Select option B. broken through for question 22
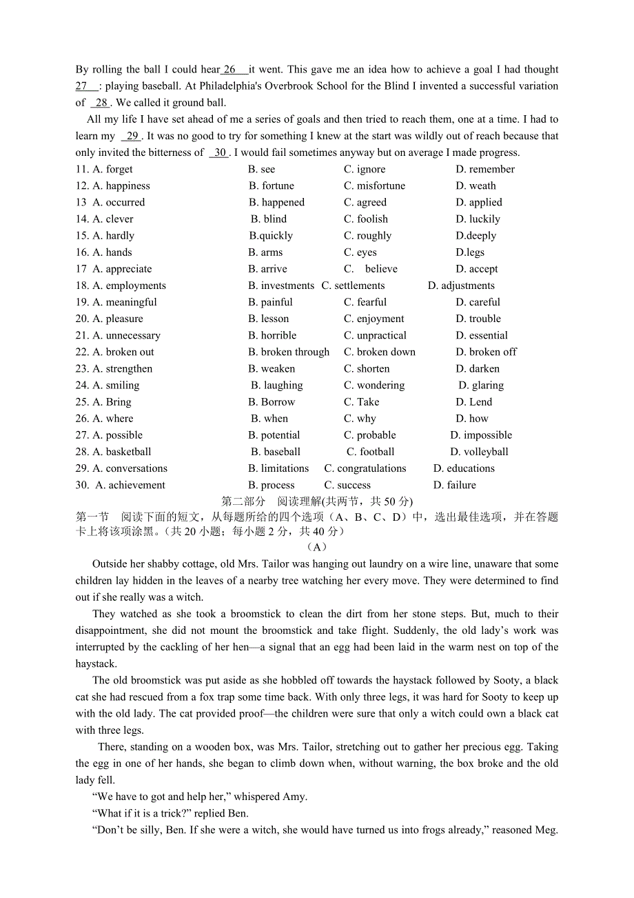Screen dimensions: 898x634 [x=289, y=352]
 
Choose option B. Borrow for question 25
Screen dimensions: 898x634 [x=272, y=402]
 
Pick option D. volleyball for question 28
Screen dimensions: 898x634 [x=479, y=452]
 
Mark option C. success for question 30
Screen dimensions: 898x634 [x=347, y=485]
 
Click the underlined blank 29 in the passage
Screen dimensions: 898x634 [x=132, y=136]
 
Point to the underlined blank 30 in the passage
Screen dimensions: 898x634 [x=219, y=152]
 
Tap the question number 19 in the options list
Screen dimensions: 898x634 [x=82, y=302]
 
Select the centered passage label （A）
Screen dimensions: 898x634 [x=316, y=547]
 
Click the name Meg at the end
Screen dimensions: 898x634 [x=545, y=830]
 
